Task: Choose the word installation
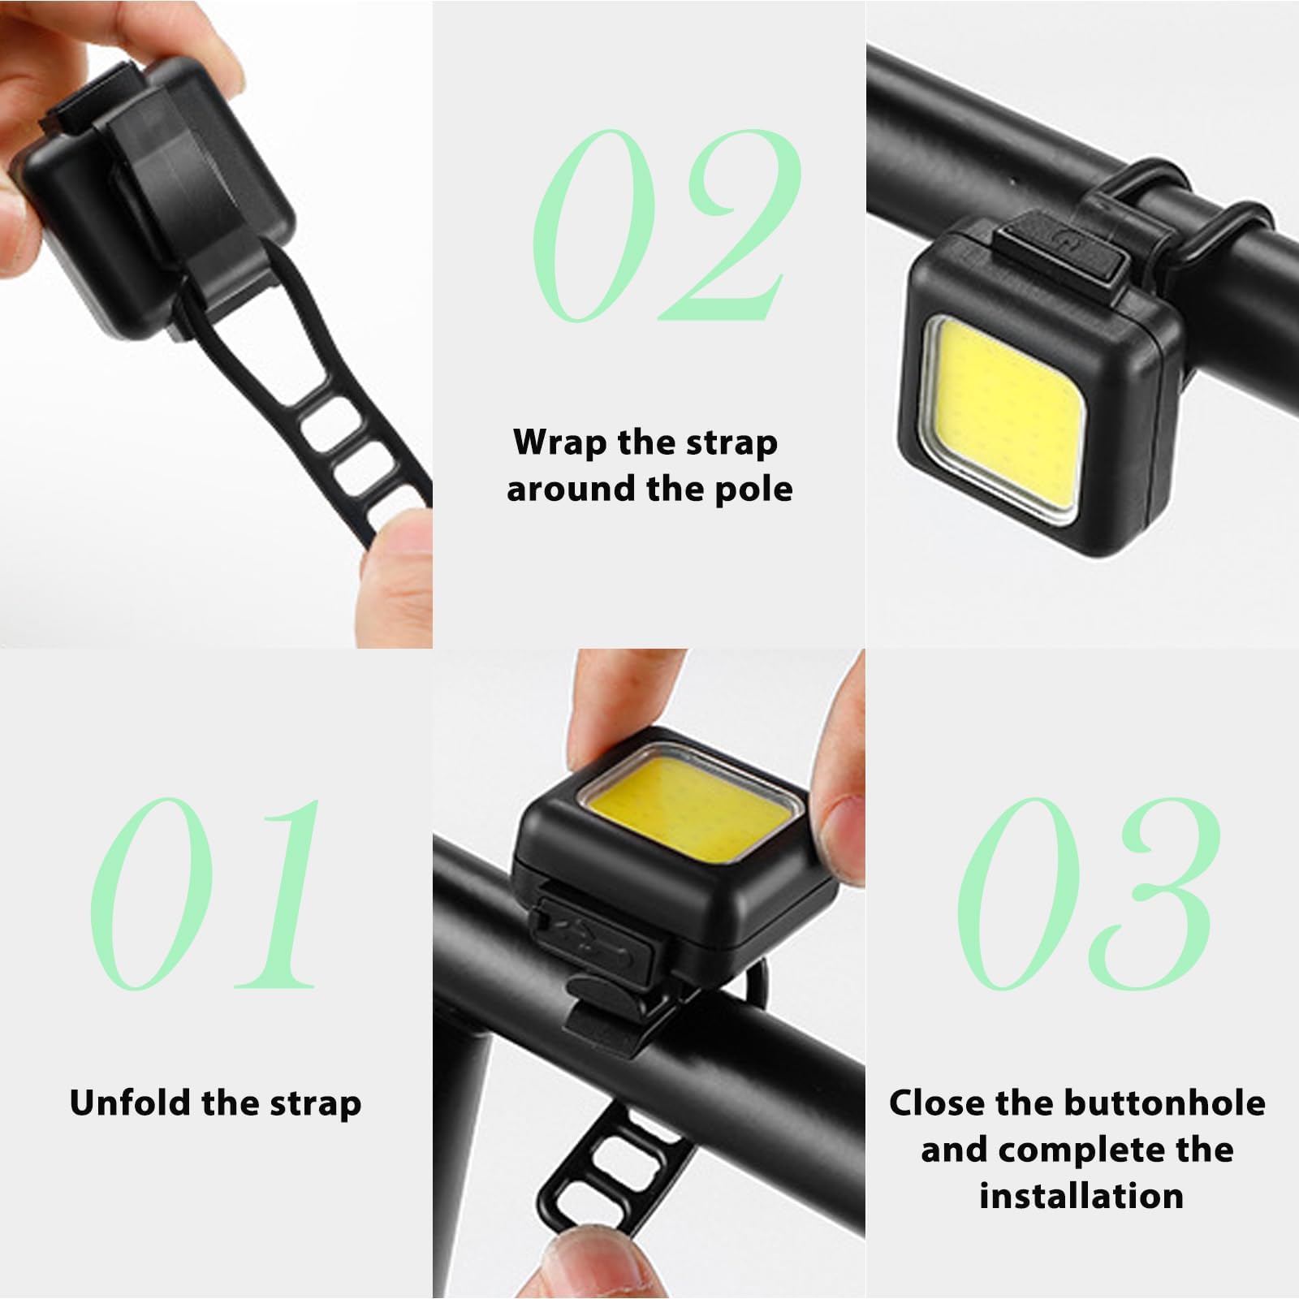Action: click(1081, 1197)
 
